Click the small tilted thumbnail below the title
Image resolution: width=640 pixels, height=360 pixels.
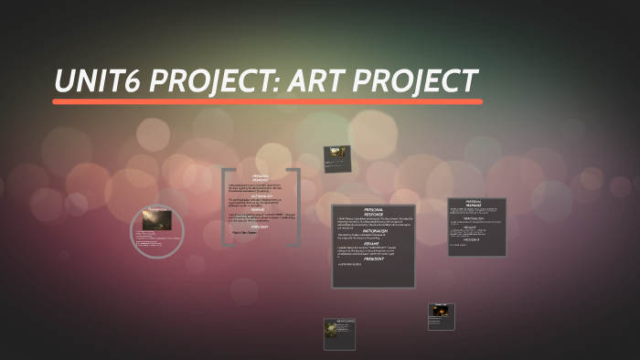point(336,158)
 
